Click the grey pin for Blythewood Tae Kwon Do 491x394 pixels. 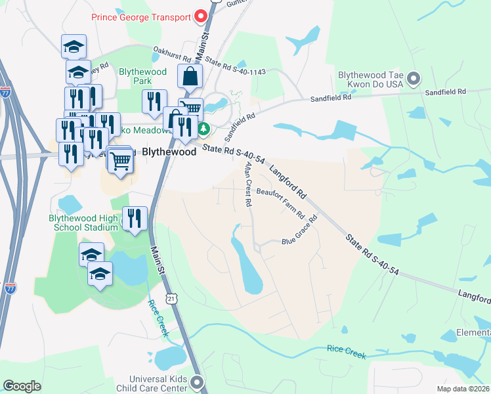pos(414,79)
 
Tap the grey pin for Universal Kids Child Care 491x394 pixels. pos(198,382)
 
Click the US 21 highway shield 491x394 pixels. pos(171,299)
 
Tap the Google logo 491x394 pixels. pos(22,386)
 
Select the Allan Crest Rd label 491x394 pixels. pos(248,185)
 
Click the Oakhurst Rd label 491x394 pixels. pos(170,55)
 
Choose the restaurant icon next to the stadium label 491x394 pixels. pos(135,219)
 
